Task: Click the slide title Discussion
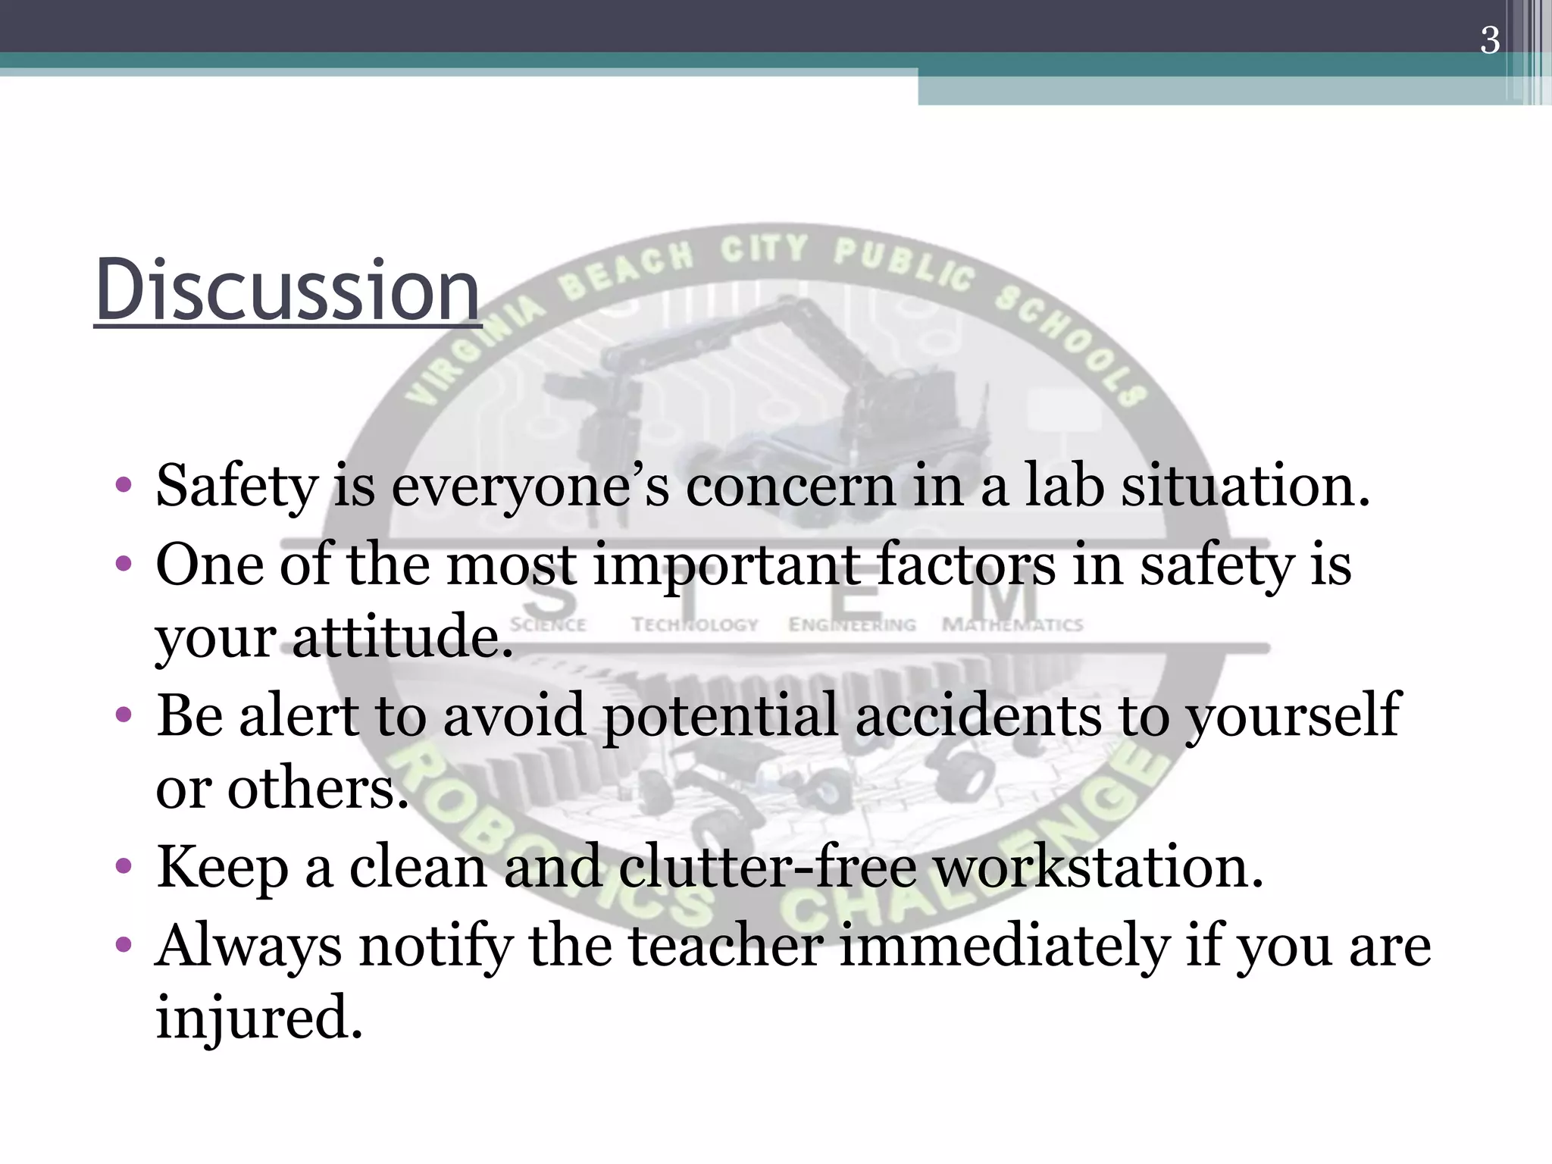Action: tap(287, 290)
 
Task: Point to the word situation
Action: tap(1245, 486)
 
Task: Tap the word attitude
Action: tap(402, 637)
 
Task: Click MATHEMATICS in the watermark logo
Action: tap(1012, 625)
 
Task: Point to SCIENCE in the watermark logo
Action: tap(548, 625)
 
